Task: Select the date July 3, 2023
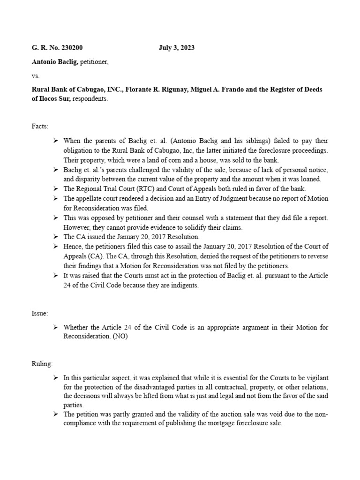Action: pyautogui.click(x=176, y=48)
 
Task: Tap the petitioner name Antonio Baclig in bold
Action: pyautogui.click(x=55, y=61)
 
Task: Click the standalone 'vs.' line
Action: pyautogui.click(x=36, y=75)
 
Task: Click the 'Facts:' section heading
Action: pyautogui.click(x=40, y=127)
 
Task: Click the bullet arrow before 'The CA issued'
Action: pyautogui.click(x=55, y=237)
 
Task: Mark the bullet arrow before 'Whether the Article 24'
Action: pyautogui.click(x=55, y=327)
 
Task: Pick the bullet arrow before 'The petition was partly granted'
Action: pyautogui.click(x=55, y=414)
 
